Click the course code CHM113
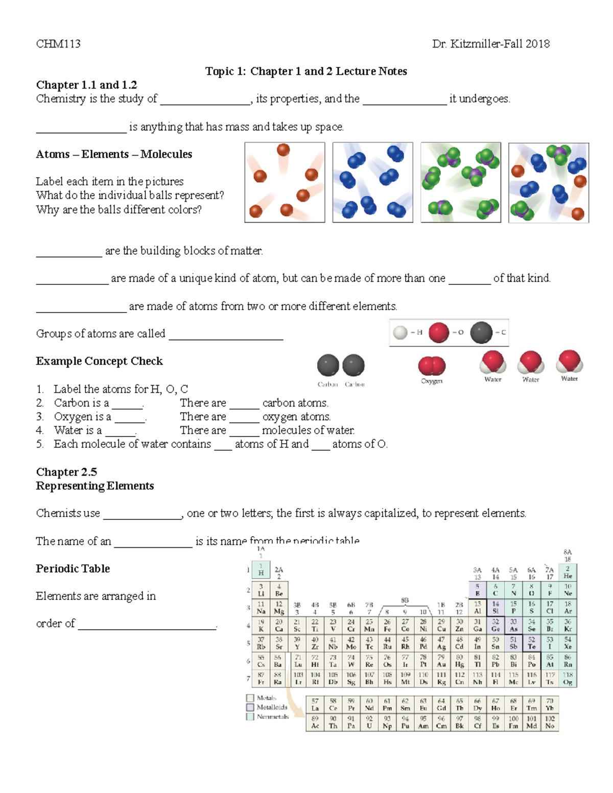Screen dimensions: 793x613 (x=58, y=44)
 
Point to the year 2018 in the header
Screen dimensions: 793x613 (x=537, y=44)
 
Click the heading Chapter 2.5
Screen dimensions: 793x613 (x=66, y=472)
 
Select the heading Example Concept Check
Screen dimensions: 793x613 (x=99, y=361)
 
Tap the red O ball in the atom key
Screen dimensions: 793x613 (x=438, y=332)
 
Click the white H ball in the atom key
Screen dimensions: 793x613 (x=400, y=333)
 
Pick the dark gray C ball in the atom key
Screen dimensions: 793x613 (x=481, y=332)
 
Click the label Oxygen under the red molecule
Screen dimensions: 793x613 (x=432, y=381)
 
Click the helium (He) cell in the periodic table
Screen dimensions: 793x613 (x=568, y=572)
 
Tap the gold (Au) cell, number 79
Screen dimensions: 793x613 (x=441, y=661)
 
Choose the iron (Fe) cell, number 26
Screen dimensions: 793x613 (x=387, y=626)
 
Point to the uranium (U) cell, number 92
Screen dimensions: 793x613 (x=369, y=722)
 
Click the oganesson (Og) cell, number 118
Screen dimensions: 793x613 (x=568, y=678)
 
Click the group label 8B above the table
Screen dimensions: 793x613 (x=405, y=600)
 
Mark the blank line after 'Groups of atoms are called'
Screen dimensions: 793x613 (x=226, y=335)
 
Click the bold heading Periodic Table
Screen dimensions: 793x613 (x=73, y=568)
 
